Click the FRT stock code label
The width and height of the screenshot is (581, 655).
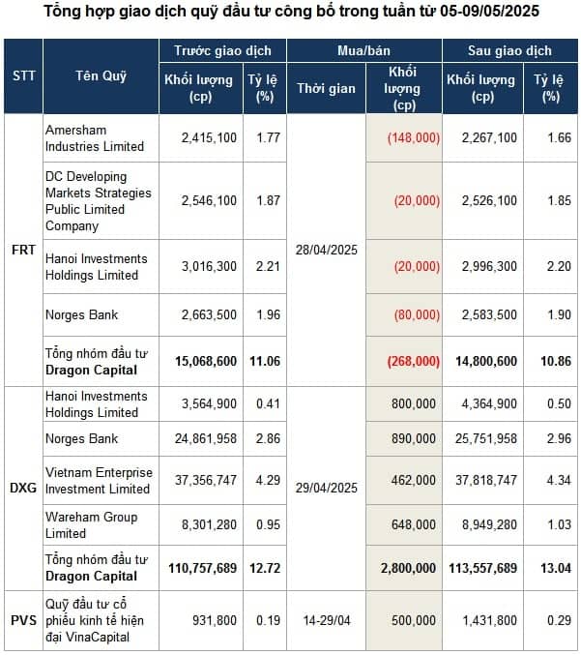(x=23, y=250)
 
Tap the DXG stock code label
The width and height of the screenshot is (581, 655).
(x=23, y=488)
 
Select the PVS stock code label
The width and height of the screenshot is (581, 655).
(x=23, y=620)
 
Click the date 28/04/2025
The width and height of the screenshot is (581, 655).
(x=327, y=250)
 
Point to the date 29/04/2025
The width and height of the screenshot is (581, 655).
(x=327, y=488)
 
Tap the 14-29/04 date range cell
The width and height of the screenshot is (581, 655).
(x=327, y=620)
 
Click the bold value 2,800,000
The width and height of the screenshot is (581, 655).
(x=408, y=568)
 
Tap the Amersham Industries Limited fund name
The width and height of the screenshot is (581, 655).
(x=95, y=138)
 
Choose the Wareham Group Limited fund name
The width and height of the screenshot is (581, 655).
(x=91, y=525)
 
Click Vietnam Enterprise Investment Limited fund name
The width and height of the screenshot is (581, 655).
(x=99, y=481)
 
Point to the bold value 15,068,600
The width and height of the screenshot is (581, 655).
(x=206, y=361)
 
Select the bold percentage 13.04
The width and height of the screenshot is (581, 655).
(x=556, y=568)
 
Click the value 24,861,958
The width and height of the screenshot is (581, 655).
(x=206, y=438)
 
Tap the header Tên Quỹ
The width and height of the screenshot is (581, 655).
(x=101, y=75)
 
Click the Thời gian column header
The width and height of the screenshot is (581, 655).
(x=326, y=89)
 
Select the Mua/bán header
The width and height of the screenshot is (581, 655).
(x=363, y=50)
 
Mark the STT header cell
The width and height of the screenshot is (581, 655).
(x=24, y=75)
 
